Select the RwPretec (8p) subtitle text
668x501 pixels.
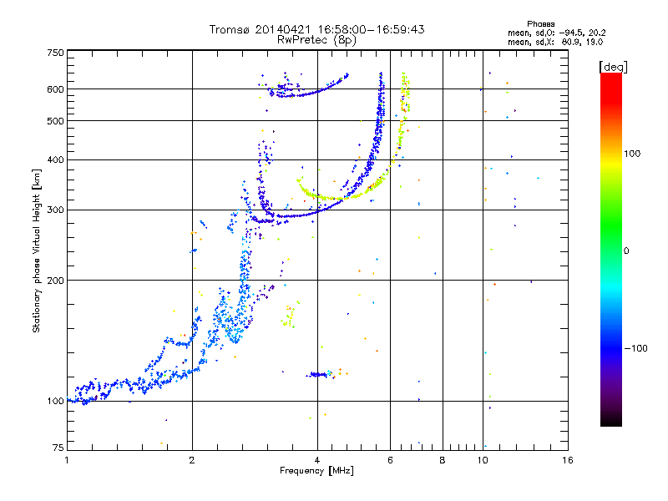(316, 40)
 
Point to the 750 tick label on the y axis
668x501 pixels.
(56, 53)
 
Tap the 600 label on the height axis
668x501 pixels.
(56, 89)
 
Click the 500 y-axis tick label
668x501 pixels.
(56, 121)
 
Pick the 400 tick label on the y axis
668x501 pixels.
(56, 160)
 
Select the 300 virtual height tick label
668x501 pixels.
(56, 210)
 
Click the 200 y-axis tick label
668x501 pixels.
(56, 281)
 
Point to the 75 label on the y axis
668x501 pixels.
(58, 448)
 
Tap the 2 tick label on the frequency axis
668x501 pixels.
(192, 460)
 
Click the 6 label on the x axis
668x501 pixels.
(390, 460)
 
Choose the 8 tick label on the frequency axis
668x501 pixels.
(443, 460)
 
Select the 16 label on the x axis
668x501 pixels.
(568, 460)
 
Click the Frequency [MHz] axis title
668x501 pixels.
(316, 471)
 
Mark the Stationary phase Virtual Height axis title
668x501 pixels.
(36, 251)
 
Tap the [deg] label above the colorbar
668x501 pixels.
(613, 67)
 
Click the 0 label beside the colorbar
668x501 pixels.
(626, 251)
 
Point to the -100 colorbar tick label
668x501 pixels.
(635, 348)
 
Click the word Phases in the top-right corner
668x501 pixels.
(540, 24)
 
